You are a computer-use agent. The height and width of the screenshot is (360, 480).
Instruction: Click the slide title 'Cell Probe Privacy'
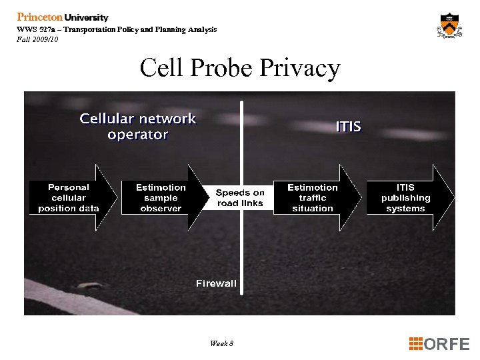[x=240, y=68]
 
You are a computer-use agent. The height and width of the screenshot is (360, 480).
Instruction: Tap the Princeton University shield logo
[x=449, y=26]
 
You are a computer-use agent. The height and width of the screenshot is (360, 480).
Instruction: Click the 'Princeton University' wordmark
[x=63, y=17]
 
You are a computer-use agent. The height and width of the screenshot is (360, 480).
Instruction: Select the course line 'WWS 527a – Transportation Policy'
[x=117, y=30]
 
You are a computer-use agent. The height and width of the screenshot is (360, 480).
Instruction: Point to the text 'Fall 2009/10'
[x=38, y=39]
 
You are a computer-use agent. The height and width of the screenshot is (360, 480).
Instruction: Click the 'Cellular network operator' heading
[x=138, y=127]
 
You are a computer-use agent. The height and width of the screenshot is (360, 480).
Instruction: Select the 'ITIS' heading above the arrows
[x=348, y=126]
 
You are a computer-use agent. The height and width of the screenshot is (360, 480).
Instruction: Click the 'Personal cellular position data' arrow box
[x=69, y=198]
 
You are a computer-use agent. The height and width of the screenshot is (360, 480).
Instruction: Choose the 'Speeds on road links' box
[x=240, y=198]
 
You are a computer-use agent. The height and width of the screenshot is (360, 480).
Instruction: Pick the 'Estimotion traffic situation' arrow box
[x=313, y=198]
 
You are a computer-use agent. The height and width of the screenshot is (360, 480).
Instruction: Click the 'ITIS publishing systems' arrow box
[x=406, y=198]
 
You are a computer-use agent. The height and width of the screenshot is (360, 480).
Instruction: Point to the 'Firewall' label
[x=216, y=283]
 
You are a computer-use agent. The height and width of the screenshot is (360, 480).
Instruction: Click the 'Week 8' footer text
[x=221, y=343]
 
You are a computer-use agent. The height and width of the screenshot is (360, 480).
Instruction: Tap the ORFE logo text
[x=447, y=344]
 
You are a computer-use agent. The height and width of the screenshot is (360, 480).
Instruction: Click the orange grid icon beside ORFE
[x=415, y=344]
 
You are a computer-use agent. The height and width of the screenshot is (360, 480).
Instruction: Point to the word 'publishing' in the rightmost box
[x=406, y=198]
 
